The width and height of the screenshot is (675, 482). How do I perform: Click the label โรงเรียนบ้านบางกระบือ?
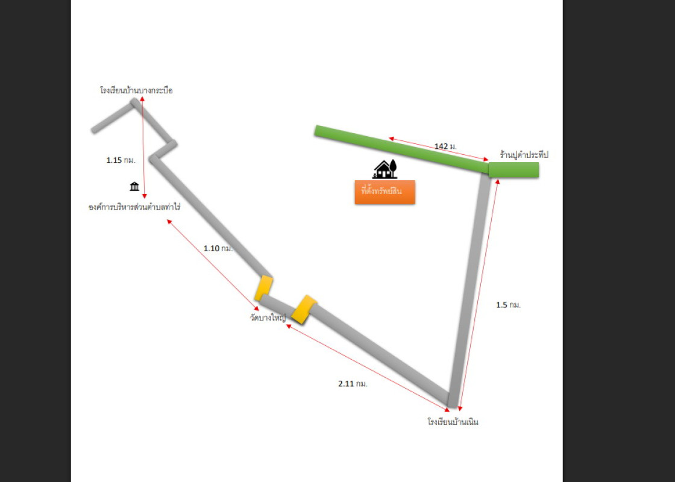pyautogui.click(x=136, y=90)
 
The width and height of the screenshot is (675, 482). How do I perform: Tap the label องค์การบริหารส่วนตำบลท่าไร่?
pyautogui.click(x=134, y=207)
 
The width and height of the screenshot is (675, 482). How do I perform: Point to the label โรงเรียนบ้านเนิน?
pyautogui.click(x=453, y=422)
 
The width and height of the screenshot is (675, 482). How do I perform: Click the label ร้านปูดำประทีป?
pyautogui.click(x=524, y=155)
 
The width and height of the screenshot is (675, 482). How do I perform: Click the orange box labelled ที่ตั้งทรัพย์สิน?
pyautogui.click(x=385, y=192)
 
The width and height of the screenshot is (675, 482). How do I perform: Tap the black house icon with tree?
pyautogui.click(x=385, y=169)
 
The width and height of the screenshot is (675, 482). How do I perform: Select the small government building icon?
pyautogui.click(x=134, y=186)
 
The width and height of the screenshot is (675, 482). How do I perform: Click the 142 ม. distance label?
pyautogui.click(x=445, y=146)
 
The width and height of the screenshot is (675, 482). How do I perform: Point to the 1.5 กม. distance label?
pyautogui.click(x=508, y=305)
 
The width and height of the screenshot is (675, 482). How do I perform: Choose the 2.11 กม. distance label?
pyautogui.click(x=353, y=383)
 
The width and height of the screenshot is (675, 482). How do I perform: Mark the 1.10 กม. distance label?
pyautogui.click(x=218, y=248)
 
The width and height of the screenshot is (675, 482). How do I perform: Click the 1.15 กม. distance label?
pyautogui.click(x=120, y=160)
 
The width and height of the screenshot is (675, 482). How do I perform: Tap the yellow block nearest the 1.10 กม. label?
pyautogui.click(x=263, y=288)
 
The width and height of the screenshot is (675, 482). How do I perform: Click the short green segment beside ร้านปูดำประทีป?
pyautogui.click(x=513, y=170)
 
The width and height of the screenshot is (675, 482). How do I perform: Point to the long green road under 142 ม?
pyautogui.click(x=398, y=146)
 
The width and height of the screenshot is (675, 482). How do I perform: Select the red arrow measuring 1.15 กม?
pyautogui.click(x=143, y=148)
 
